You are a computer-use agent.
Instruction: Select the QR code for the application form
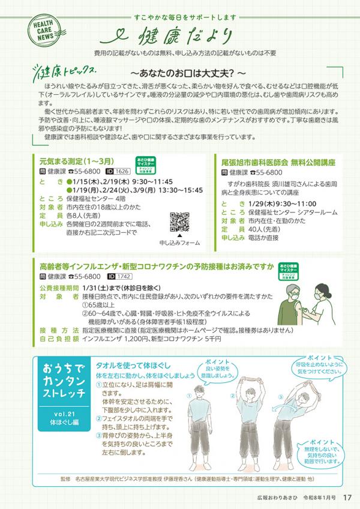click(x=180, y=221)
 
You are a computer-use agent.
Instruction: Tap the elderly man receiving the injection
click(x=290, y=303)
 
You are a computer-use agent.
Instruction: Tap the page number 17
click(x=347, y=496)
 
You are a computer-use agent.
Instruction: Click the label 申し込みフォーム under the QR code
click(x=180, y=243)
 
